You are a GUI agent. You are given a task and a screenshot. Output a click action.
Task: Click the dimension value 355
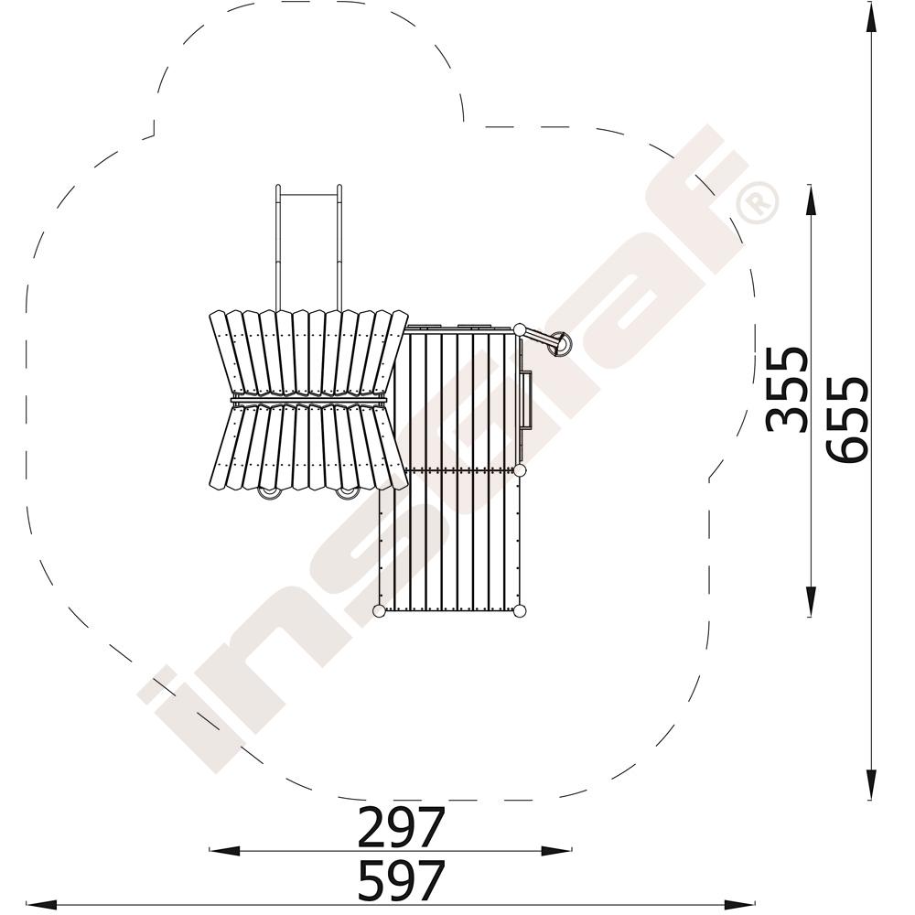pos(788,390)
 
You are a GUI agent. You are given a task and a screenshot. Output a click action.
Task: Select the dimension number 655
pos(846,420)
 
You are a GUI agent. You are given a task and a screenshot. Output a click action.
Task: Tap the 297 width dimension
pos(401,826)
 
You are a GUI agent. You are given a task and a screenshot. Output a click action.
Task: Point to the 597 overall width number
pos(401,880)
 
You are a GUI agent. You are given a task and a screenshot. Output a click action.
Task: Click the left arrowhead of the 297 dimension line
pos(226,851)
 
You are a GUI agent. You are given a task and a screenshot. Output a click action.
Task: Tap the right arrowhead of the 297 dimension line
pos(555,851)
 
